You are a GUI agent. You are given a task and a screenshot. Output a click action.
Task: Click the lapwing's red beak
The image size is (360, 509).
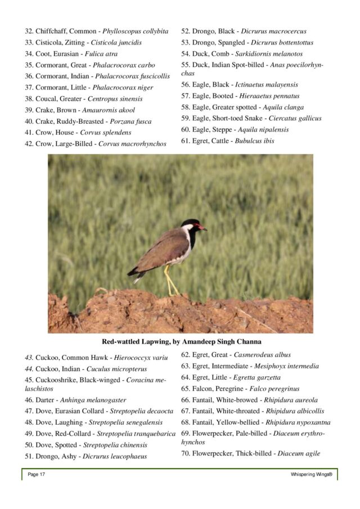point(203,228)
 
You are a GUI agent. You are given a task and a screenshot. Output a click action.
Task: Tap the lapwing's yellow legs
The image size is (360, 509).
point(170,281)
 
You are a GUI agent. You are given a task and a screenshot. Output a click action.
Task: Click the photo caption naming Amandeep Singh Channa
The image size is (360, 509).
point(181,341)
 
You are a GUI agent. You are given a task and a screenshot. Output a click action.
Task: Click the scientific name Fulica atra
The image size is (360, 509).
point(101,53)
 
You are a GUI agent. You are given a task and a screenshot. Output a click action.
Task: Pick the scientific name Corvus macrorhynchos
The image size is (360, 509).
point(132,143)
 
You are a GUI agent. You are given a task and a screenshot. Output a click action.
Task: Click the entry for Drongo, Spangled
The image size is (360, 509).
point(247,42)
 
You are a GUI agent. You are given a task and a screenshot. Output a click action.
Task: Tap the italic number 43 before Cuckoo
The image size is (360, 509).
point(29,357)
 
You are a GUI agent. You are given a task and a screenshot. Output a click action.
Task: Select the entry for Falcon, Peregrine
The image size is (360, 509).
point(240,389)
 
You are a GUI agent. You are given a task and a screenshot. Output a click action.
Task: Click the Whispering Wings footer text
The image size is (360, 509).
point(311,475)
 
